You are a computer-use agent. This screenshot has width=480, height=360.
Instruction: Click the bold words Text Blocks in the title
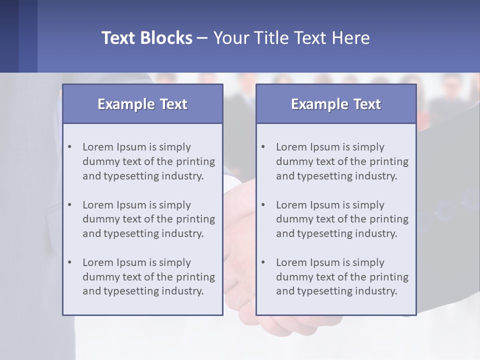click(x=146, y=38)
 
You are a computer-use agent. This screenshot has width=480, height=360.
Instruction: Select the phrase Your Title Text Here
click(x=291, y=38)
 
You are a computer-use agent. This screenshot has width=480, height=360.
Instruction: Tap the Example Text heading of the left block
click(x=142, y=104)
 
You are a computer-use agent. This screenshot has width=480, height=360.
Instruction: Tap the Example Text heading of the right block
click(x=336, y=104)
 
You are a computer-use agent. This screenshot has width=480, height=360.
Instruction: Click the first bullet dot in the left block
click(x=69, y=147)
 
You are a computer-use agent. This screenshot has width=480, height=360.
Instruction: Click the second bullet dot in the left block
click(x=69, y=205)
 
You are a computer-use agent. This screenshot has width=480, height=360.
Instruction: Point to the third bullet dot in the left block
click(x=69, y=262)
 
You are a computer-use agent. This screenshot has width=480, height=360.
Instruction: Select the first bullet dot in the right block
click(x=263, y=147)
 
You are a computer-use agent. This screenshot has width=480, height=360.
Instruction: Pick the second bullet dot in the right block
click(x=263, y=205)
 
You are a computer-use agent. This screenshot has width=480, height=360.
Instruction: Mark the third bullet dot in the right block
click(x=263, y=262)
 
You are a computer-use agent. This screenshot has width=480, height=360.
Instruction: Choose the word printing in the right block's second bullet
click(x=388, y=219)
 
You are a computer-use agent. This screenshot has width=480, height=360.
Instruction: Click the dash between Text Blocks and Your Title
click(x=202, y=38)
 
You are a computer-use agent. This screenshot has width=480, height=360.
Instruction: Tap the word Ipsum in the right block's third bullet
click(x=324, y=262)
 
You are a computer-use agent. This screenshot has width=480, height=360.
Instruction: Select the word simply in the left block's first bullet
click(x=176, y=147)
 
